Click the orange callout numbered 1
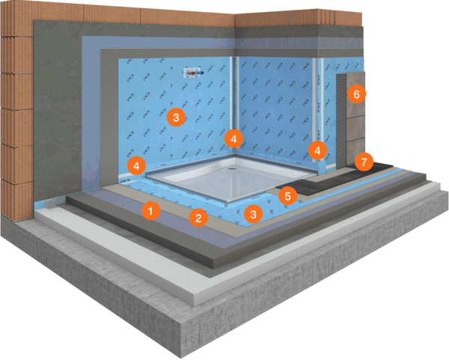point(150,211)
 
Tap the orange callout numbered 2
point(198,218)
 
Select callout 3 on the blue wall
point(174,117)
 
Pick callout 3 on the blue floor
point(253,213)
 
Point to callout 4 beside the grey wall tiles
point(317,150)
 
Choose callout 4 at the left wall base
point(136,163)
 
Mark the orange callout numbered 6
point(357,94)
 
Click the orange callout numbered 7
point(364,161)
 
